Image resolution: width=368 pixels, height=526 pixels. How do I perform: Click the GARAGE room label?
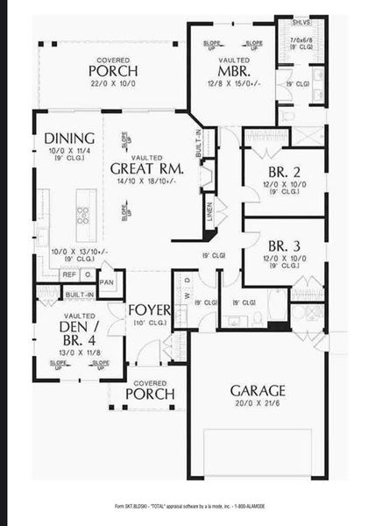pyautogui.click(x=257, y=390)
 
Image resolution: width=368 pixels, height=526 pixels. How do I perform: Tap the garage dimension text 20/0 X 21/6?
pyautogui.click(x=257, y=403)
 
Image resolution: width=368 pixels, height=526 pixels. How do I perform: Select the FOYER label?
pyautogui.click(x=148, y=309)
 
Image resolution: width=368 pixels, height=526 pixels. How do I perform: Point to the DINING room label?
pyautogui.click(x=65, y=138)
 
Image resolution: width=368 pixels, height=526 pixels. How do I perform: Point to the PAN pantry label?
pyautogui.click(x=107, y=283)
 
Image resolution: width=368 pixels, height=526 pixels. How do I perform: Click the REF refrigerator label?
pyautogui.click(x=69, y=274)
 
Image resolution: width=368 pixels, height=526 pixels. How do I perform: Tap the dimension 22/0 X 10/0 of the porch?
pyautogui.click(x=114, y=82)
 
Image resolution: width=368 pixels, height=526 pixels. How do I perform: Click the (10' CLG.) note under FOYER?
pyautogui.click(x=148, y=323)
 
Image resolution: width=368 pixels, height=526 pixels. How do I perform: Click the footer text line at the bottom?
pyautogui.click(x=184, y=507)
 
